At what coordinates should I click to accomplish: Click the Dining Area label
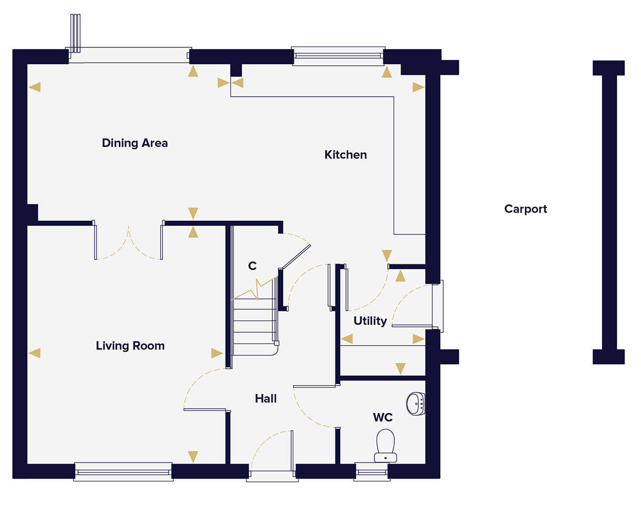(x=135, y=143)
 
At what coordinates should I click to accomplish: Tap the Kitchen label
(x=346, y=155)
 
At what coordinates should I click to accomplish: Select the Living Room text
(x=130, y=346)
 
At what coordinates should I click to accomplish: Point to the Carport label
(x=526, y=209)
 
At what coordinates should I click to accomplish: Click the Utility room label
(x=370, y=321)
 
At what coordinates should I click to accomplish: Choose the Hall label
(x=265, y=398)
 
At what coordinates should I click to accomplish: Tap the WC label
(x=383, y=418)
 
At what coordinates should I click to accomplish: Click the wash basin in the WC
(x=416, y=403)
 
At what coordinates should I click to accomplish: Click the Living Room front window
(x=123, y=471)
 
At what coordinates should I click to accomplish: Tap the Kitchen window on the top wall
(x=338, y=56)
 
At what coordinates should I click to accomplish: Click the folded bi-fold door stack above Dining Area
(x=75, y=33)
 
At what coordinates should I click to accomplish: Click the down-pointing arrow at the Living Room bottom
(x=193, y=456)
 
